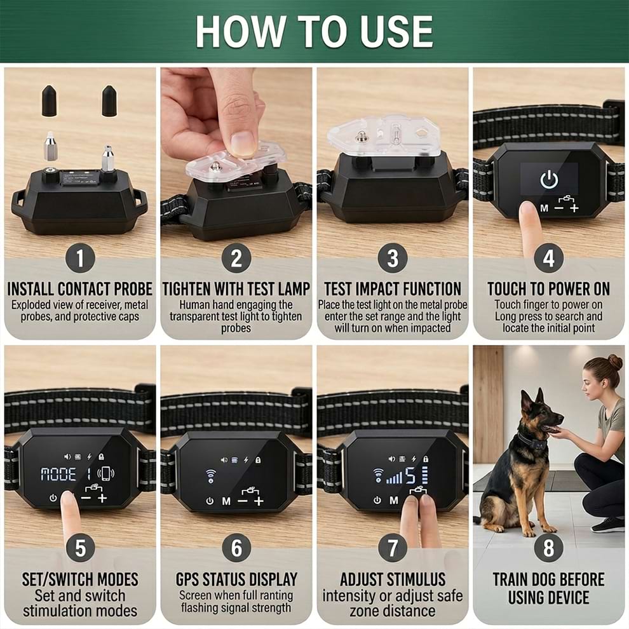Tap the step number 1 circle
point(80,259)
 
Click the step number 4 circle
point(548,259)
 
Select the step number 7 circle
point(392,547)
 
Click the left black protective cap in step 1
point(49,101)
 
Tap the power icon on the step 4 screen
point(549,180)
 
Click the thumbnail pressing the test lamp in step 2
point(242,143)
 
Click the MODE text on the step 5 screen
point(58,474)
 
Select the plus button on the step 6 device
point(259,501)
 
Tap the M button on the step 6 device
point(226,501)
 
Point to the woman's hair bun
point(615,362)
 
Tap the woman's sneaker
point(607,524)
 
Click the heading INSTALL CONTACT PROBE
point(80,289)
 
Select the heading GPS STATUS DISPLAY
point(236,579)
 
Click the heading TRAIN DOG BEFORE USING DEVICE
point(548,588)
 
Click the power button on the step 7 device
point(377,501)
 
